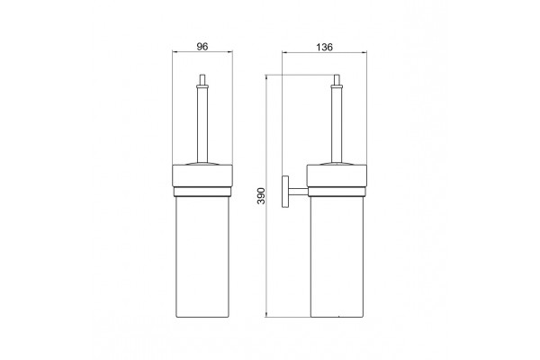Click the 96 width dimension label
pyautogui.click(x=202, y=47)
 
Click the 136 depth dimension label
pyautogui.click(x=324, y=47)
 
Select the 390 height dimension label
pyautogui.click(x=261, y=196)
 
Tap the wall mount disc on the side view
pyautogui.click(x=285, y=192)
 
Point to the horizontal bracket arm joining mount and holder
pyautogui.click(x=298, y=192)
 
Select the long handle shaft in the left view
pyautogui.click(x=202, y=123)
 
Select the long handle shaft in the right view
pyautogui.click(x=337, y=123)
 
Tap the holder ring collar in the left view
pyautogui.click(x=202, y=176)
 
